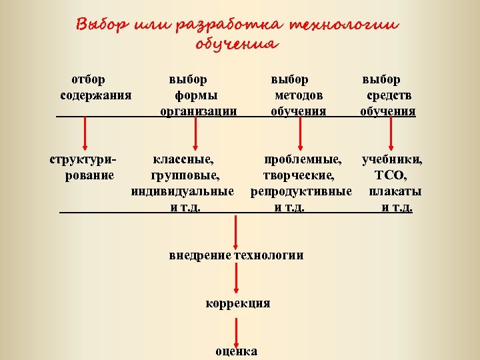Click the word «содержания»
coord(95,95)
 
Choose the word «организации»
coord(199,111)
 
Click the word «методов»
coord(299,95)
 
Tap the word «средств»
coord(388,95)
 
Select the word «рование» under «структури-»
coord(89,176)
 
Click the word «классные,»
coord(184,160)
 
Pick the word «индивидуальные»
coord(183,192)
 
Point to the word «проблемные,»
coord(303,160)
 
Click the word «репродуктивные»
coord(301,192)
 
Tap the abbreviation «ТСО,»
coord(392,176)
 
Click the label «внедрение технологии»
coord(236,255)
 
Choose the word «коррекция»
coord(237,303)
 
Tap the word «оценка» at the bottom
coord(237,351)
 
